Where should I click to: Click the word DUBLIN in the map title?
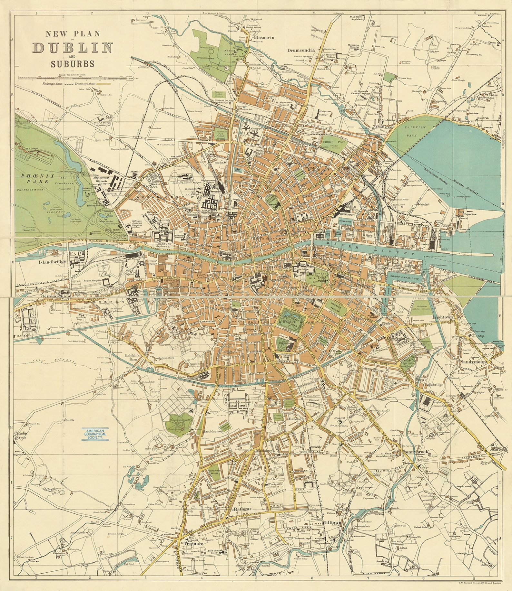click(73, 48)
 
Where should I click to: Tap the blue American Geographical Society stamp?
click(95, 434)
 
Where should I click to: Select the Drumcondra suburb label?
click(300, 50)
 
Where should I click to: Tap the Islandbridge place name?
click(52, 261)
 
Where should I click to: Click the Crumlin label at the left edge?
click(21, 433)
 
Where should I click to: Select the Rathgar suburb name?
click(242, 509)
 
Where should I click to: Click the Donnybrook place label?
click(415, 452)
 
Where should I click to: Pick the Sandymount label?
click(474, 362)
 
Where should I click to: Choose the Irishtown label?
click(443, 317)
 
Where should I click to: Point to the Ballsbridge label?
click(434, 385)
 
